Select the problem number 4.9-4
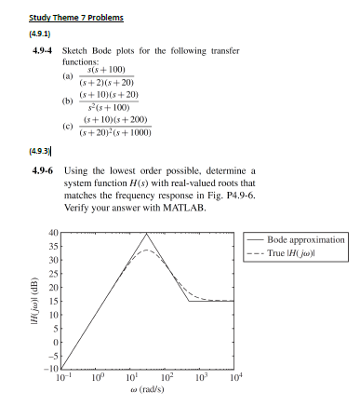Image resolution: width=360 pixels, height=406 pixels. (41, 53)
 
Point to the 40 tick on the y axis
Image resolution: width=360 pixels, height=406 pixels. (55, 233)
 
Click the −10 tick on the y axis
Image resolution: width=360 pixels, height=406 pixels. (53, 369)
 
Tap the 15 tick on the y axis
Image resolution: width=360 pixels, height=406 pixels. (55, 301)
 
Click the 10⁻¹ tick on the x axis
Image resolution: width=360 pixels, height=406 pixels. (61, 377)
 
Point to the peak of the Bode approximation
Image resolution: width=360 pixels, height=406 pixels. (146, 234)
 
